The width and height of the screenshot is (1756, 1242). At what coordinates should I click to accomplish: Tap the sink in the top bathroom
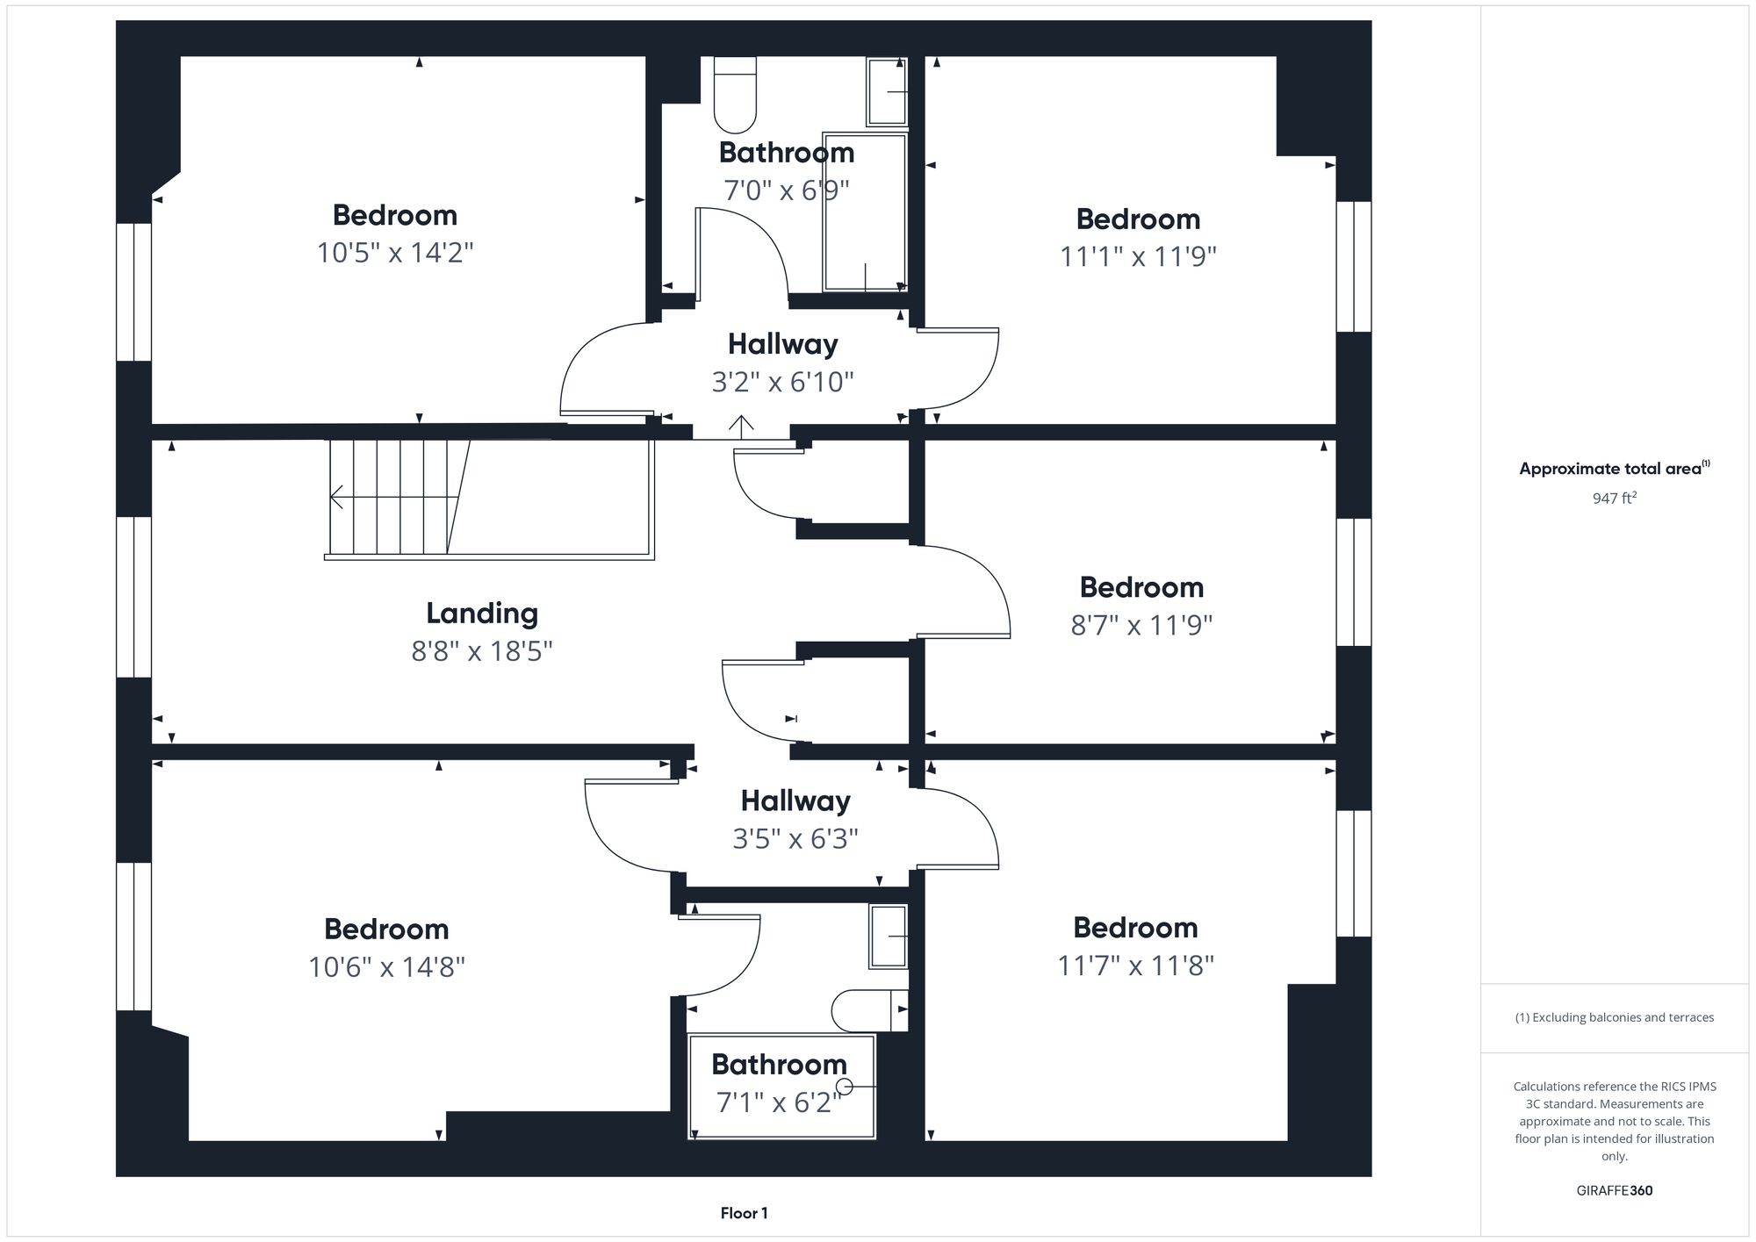click(887, 91)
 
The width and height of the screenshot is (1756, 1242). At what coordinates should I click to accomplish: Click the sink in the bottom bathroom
click(888, 937)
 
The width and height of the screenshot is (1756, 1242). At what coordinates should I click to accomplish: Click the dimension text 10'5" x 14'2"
click(395, 253)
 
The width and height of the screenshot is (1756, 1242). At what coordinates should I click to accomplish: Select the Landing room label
click(482, 613)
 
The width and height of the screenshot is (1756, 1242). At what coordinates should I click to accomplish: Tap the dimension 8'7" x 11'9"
click(1141, 625)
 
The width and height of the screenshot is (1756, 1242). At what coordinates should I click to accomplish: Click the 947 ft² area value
click(1614, 499)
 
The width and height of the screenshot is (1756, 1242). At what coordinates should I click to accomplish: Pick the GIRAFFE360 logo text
click(1614, 1190)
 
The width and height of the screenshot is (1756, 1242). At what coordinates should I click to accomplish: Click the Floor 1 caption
click(744, 1213)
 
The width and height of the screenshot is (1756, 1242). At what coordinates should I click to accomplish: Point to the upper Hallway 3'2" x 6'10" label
click(782, 362)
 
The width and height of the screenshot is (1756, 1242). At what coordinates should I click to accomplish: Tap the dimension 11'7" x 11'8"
click(1135, 966)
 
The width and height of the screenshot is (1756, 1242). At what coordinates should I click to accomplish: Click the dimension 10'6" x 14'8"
click(386, 967)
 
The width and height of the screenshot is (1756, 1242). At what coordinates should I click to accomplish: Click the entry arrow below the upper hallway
click(741, 427)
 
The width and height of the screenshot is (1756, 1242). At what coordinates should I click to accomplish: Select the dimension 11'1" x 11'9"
click(1138, 256)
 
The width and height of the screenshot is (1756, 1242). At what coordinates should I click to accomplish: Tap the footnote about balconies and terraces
click(1614, 1017)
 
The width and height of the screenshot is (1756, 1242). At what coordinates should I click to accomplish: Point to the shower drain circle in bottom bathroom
click(846, 1087)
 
